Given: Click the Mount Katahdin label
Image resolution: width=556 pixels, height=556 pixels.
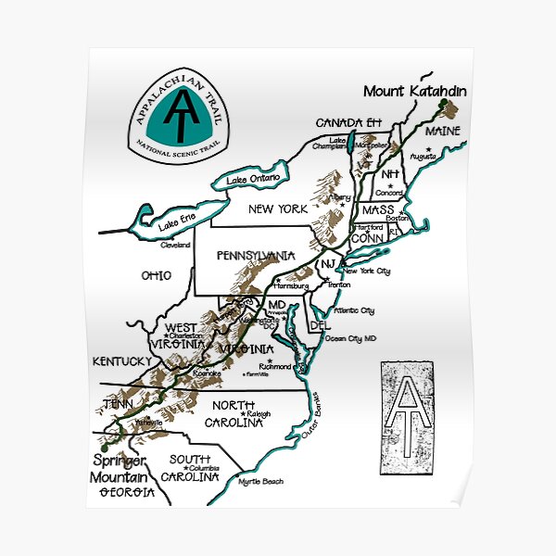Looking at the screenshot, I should pyautogui.click(x=414, y=91).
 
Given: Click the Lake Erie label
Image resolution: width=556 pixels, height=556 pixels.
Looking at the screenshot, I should pyautogui.click(x=175, y=222).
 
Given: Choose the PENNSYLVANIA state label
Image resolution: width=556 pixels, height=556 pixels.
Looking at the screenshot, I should pyautogui.click(x=255, y=254).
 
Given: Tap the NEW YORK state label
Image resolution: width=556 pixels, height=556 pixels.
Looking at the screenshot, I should pyautogui.click(x=277, y=209).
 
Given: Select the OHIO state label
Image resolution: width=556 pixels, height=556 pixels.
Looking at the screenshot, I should pyautogui.click(x=157, y=275).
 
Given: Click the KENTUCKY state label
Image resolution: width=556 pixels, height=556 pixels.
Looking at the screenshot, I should pyautogui.click(x=121, y=360).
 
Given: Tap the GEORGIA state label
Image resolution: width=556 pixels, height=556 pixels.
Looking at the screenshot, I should pyautogui.click(x=126, y=492).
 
